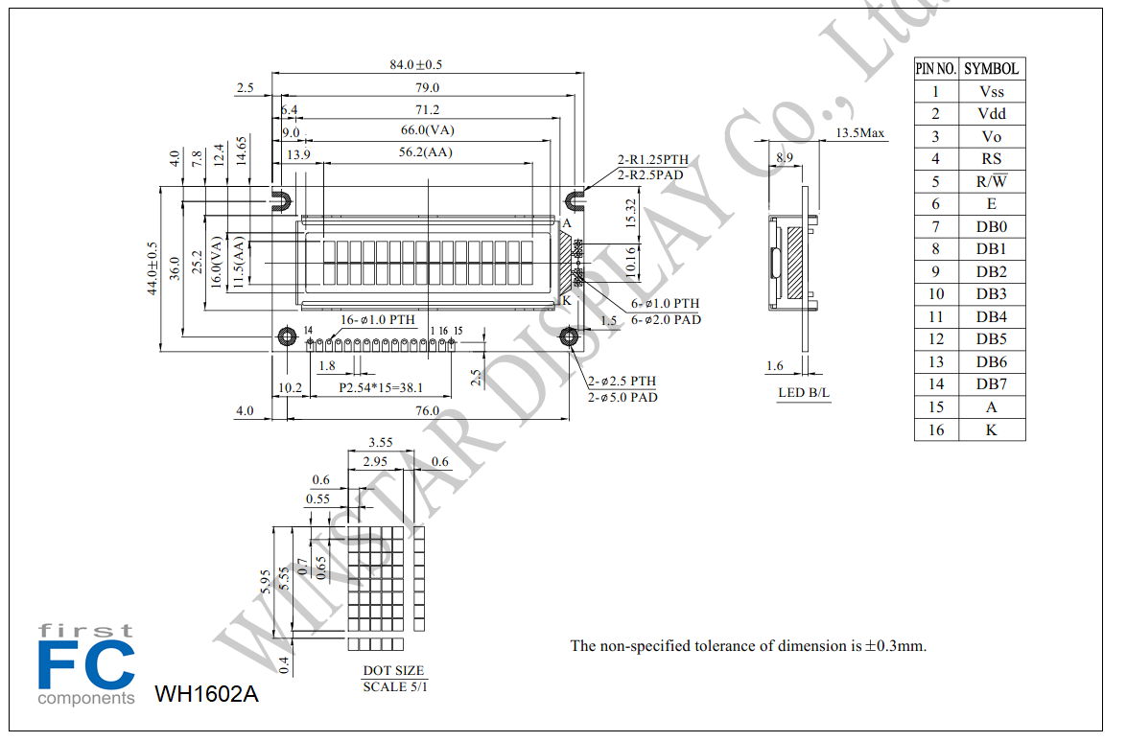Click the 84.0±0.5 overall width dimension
[415, 64]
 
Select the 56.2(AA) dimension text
[426, 152]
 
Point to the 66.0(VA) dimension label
[427, 130]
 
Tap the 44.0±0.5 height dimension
[153, 267]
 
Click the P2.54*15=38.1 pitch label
[381, 388]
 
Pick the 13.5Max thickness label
[859, 133]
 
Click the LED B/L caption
[804, 393]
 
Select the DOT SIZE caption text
[394, 670]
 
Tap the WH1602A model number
[206, 694]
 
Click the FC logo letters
[86, 665]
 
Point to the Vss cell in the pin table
[991, 92]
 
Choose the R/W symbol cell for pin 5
[991, 181]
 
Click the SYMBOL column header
[991, 69]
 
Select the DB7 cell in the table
[991, 384]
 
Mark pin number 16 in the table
[936, 429]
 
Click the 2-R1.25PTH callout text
[652, 159]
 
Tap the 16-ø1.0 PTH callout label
[377, 319]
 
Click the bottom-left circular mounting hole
[287, 336]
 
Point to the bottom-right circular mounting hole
[569, 336]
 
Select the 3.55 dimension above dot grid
[381, 443]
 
